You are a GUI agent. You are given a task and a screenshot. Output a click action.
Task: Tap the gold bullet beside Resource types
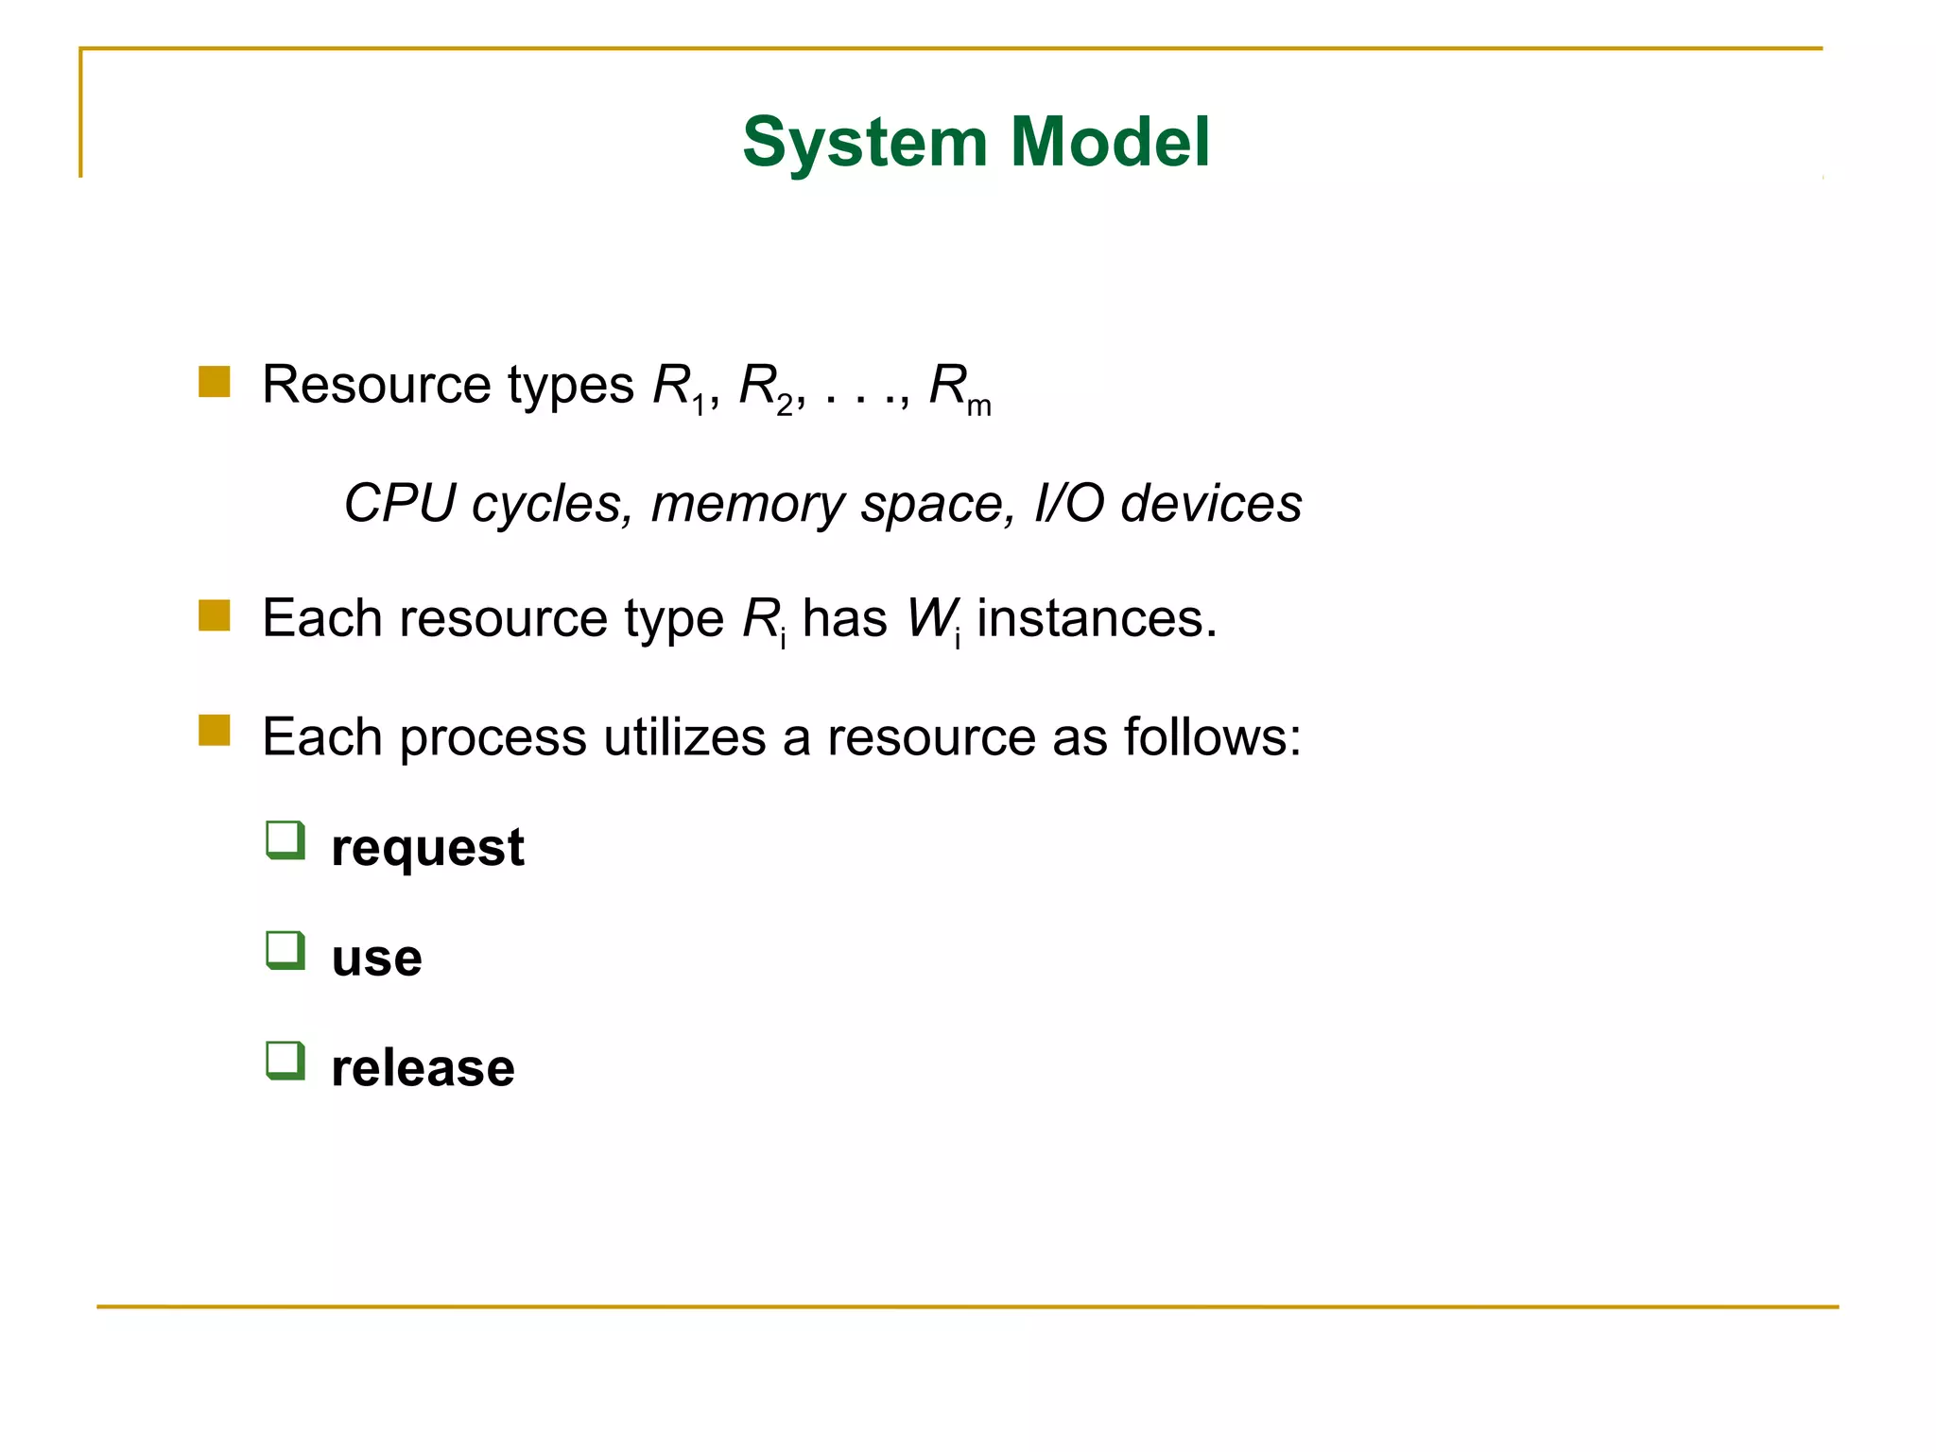(x=215, y=382)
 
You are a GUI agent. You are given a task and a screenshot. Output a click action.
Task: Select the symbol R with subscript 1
(x=677, y=387)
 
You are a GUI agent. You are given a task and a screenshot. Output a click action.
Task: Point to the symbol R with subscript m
(x=957, y=387)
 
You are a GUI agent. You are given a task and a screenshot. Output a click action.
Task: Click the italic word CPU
(x=399, y=503)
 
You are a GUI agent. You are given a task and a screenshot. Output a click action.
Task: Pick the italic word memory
(x=747, y=503)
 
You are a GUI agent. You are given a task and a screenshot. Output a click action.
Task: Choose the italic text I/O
(x=1068, y=503)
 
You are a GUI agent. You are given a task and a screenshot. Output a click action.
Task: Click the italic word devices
(x=1210, y=503)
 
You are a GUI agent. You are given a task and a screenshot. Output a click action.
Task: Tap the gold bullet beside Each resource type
(x=215, y=615)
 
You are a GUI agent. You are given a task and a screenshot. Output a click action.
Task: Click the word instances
(x=1097, y=619)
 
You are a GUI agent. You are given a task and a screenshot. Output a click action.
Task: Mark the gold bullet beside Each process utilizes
(x=215, y=731)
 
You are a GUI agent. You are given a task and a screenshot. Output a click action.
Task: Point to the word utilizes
(x=684, y=736)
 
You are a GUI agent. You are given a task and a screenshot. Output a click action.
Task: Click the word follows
(x=1212, y=736)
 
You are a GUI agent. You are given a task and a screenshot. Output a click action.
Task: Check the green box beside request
(x=285, y=840)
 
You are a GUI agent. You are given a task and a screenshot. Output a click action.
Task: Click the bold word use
(x=376, y=958)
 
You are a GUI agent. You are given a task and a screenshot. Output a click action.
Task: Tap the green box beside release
(x=285, y=1061)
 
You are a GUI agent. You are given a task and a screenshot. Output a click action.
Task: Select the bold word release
(x=423, y=1068)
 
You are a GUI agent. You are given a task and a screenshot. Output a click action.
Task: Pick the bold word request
(x=427, y=848)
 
